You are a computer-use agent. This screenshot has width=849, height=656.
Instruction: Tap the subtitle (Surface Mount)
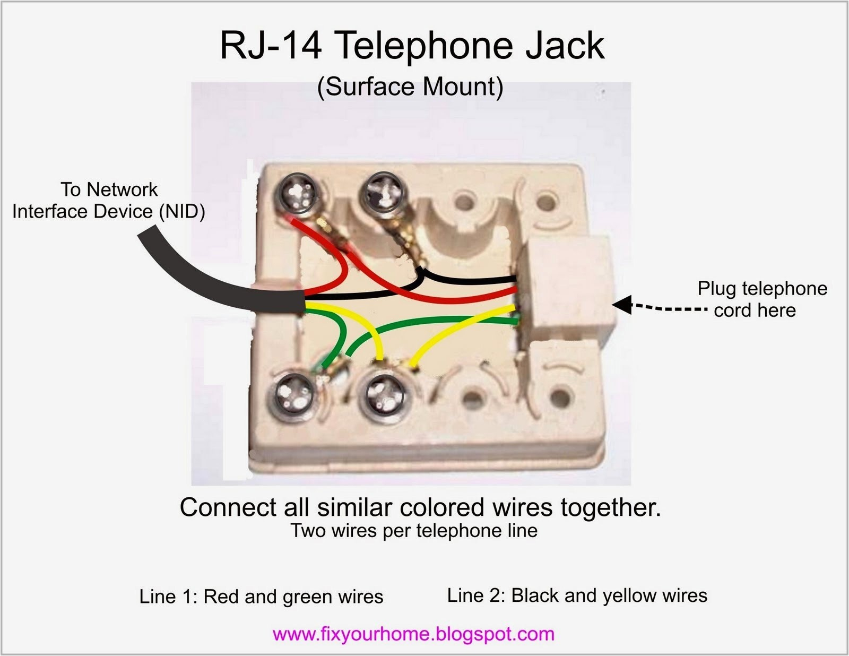tap(410, 87)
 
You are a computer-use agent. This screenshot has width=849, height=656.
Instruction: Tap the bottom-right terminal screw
tap(385, 395)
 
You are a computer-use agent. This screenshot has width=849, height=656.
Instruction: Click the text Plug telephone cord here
tap(761, 299)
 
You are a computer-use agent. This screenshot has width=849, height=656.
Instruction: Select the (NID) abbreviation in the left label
tap(182, 212)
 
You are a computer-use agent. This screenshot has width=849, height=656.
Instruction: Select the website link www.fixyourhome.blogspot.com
tap(413, 634)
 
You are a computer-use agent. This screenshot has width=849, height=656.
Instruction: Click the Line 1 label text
tap(261, 597)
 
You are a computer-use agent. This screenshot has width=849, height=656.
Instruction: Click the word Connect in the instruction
tap(229, 508)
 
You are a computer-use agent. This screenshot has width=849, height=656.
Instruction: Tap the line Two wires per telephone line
tap(414, 531)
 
